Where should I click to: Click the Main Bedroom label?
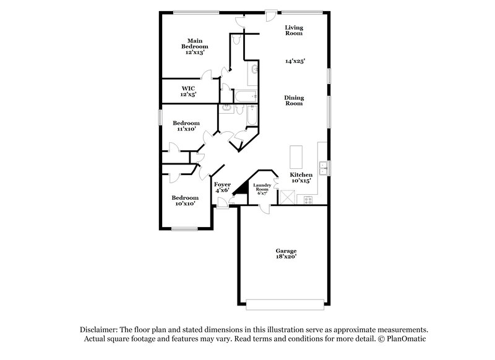194,46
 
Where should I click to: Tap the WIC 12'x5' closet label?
189,92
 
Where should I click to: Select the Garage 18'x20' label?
286,253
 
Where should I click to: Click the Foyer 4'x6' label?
222,187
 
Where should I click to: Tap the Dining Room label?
293,100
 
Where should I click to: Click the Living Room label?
293,30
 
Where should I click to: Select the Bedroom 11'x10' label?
186,126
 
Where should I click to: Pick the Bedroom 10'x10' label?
184,200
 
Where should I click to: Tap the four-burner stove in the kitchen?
306,200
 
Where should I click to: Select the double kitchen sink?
323,167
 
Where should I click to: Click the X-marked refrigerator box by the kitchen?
286,197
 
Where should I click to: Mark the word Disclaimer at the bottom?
101,330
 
